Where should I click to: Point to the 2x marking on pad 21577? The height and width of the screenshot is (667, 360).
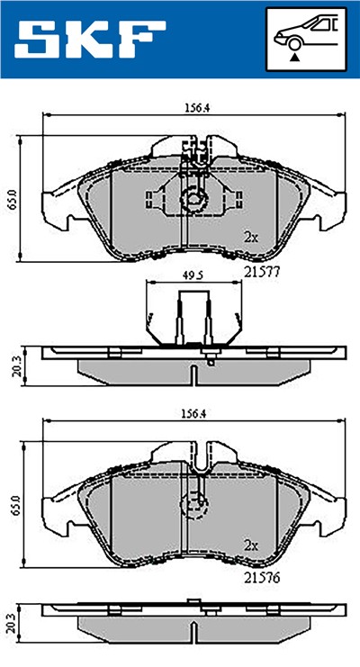coord(251,238)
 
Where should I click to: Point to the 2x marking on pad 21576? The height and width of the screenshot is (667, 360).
coord(251,545)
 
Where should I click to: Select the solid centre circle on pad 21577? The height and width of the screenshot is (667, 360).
coord(193,200)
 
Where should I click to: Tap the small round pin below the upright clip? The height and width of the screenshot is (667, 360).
coord(209,363)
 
